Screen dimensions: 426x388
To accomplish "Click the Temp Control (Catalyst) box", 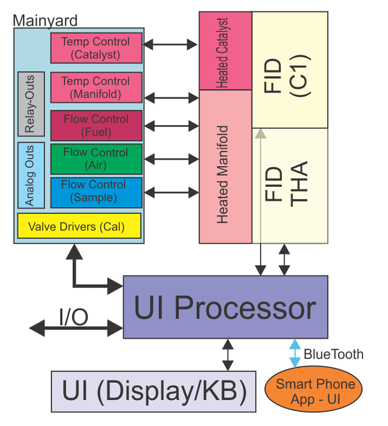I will pos(96,48).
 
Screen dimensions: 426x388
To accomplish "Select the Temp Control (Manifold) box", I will pos(96,87).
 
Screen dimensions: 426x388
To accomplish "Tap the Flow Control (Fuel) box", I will pos(96,125).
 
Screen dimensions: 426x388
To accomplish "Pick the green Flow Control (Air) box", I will pos(96,159).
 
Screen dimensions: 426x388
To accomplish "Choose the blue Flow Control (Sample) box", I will pos(96,192).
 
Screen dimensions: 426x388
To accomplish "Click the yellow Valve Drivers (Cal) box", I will pos(79,226).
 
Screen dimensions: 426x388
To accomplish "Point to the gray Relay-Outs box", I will pos(30,103).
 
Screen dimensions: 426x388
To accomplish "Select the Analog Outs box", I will pos(30,175).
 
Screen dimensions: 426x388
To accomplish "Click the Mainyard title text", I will pos(45,21).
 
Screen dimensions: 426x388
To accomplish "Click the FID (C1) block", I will pos(289,69).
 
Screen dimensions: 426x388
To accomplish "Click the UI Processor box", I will pos(225,307).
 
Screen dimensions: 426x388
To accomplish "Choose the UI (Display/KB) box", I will pos(153,391).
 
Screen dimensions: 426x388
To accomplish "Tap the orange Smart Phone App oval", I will pos(315,390).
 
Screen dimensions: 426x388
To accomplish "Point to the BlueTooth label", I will pos(333,355).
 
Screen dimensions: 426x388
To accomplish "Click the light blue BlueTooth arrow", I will pos(294,353).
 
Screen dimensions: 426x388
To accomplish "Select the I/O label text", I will pos(74,317).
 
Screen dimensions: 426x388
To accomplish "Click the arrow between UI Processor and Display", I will pos(228,355).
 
